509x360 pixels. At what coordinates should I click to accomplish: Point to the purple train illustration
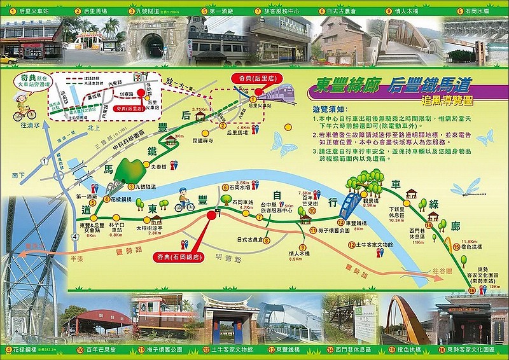(x=279, y=93)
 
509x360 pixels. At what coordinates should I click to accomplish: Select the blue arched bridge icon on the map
(x=349, y=205)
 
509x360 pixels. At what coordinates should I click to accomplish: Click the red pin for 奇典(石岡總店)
(x=211, y=216)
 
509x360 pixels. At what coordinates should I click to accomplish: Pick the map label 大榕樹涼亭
(x=148, y=227)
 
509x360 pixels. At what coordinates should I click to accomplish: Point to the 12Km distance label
(x=491, y=287)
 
